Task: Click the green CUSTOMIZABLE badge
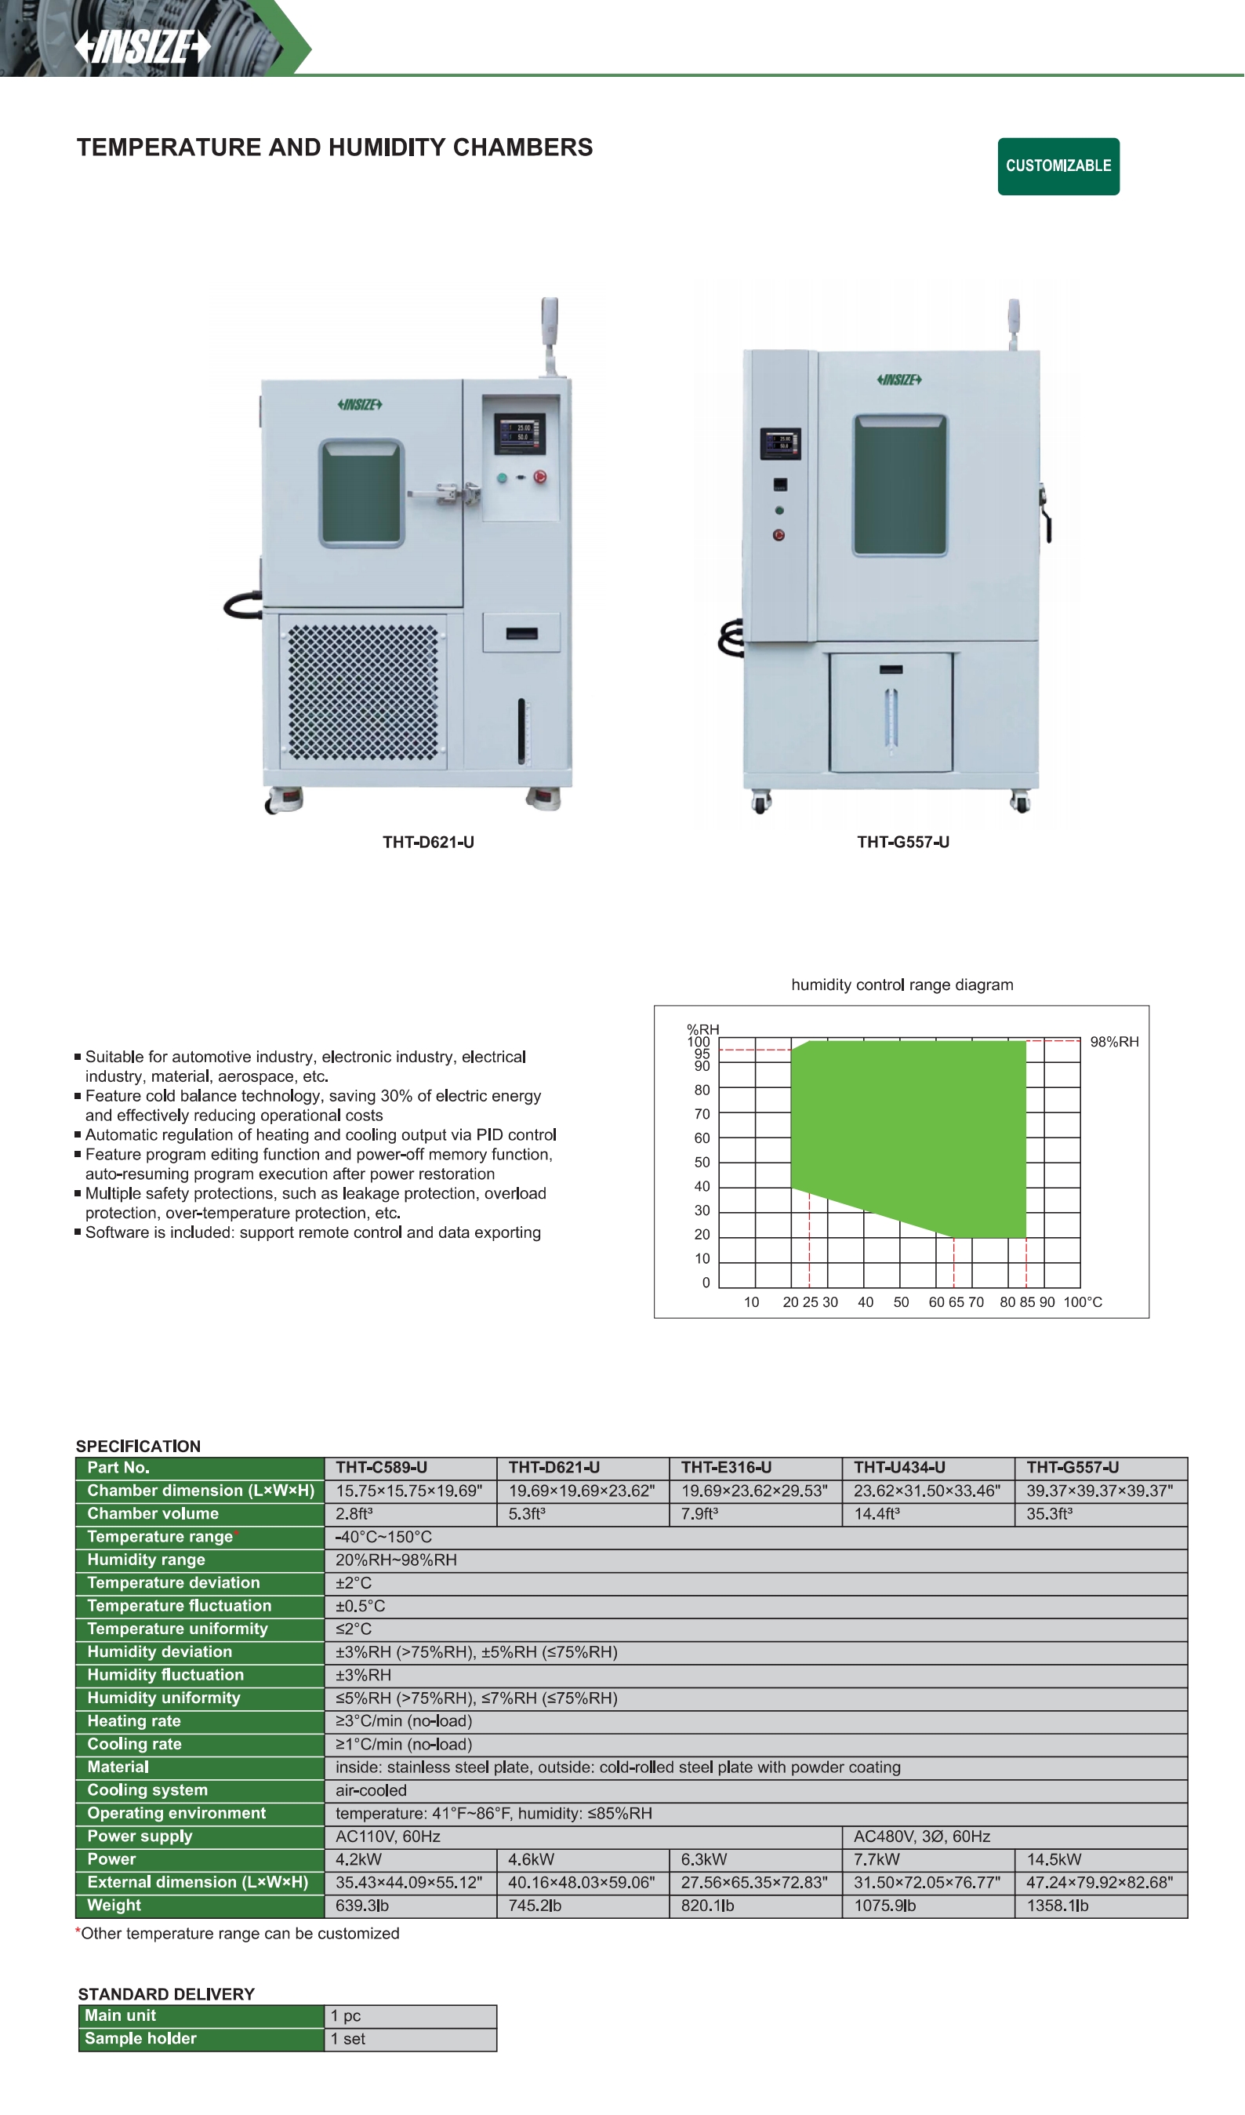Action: point(1058,166)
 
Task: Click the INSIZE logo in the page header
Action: point(143,47)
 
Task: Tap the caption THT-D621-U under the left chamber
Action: point(429,842)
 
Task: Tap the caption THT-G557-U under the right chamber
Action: point(902,842)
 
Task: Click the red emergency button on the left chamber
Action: point(540,477)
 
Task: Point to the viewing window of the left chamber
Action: point(361,493)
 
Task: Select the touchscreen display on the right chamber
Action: point(780,443)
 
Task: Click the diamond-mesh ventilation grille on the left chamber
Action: point(362,693)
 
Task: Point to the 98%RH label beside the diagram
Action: point(1114,1042)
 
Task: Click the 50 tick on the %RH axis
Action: point(702,1163)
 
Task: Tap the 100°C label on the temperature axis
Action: point(1083,1301)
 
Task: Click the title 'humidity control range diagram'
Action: point(902,985)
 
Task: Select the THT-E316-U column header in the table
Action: point(726,1467)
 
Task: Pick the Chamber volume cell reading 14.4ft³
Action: point(877,1513)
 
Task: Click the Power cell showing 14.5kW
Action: point(1054,1859)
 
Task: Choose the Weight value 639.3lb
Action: point(361,1906)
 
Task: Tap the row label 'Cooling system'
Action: point(147,1789)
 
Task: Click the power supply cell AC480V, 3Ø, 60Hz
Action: point(922,1837)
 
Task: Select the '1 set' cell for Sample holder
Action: point(347,2039)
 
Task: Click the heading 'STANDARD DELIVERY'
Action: point(166,1994)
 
